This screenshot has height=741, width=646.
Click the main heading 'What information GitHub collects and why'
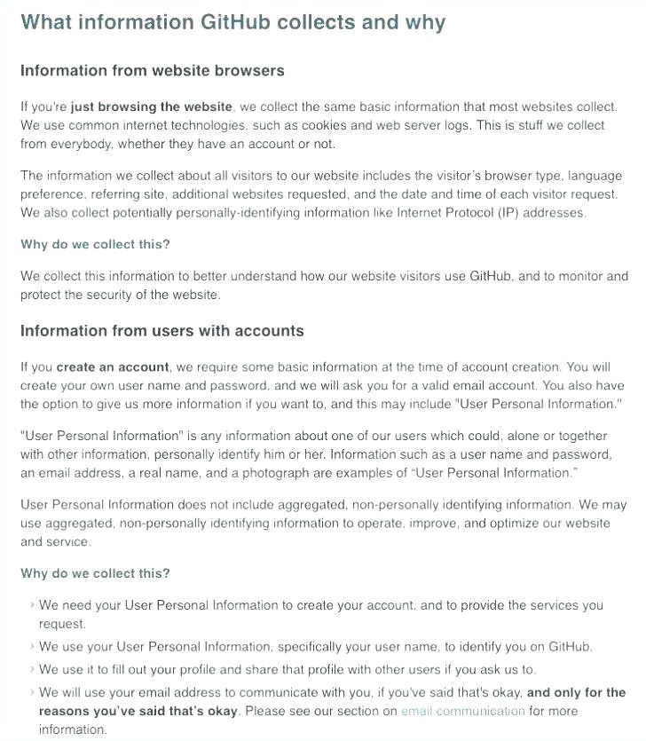coord(232,22)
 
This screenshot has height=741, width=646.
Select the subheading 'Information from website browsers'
coord(152,70)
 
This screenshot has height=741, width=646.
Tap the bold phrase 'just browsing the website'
coord(152,107)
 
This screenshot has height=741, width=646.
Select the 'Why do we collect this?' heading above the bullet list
coord(95,573)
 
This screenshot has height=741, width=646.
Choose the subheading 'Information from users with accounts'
coord(161,331)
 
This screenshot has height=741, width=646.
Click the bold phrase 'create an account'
coord(113,367)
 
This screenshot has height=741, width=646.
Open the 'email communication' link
coord(462,711)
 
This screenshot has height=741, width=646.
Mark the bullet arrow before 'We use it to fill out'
coord(32,670)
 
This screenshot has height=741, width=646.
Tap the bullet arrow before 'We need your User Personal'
coord(32,605)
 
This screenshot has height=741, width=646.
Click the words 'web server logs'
coord(425,126)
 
